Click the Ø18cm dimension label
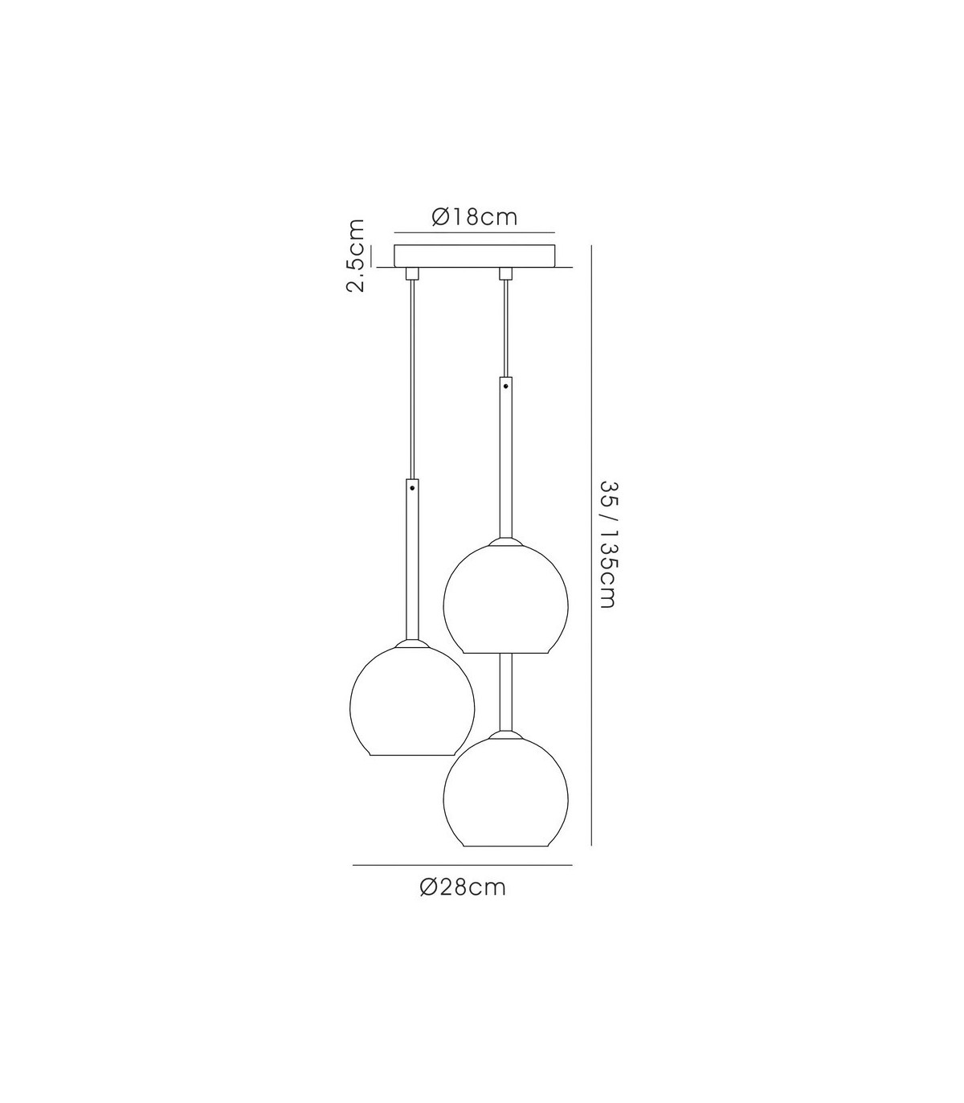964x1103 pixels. [475, 217]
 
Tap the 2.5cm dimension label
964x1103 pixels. [355, 256]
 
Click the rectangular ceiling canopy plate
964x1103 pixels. [475, 256]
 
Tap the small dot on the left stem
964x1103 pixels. [412, 488]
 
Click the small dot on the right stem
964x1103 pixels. [505, 385]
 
